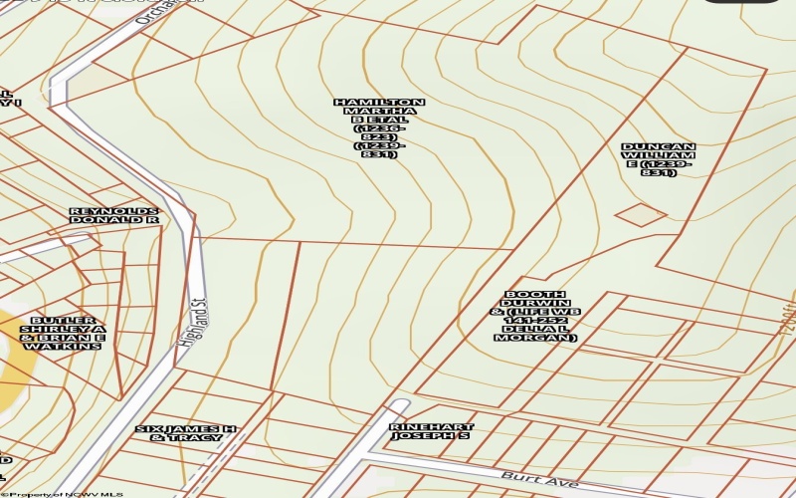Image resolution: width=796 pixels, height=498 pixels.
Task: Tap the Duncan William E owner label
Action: tap(659, 159)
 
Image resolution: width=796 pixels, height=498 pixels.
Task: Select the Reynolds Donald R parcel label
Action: tap(114, 215)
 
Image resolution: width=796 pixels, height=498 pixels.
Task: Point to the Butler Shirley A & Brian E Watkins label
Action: tap(63, 333)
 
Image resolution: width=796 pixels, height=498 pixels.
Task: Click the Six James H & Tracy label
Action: tap(187, 433)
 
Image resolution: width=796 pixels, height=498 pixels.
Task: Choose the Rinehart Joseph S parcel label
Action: tap(431, 431)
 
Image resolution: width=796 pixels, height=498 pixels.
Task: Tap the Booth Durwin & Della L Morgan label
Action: tap(535, 317)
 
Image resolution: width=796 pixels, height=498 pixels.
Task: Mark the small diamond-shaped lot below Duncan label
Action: tap(640, 214)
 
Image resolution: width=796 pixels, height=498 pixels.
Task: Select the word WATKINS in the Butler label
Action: tap(63, 346)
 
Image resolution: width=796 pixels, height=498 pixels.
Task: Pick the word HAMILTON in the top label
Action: tap(379, 103)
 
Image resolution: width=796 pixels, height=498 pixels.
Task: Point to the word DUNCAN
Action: tap(659, 147)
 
